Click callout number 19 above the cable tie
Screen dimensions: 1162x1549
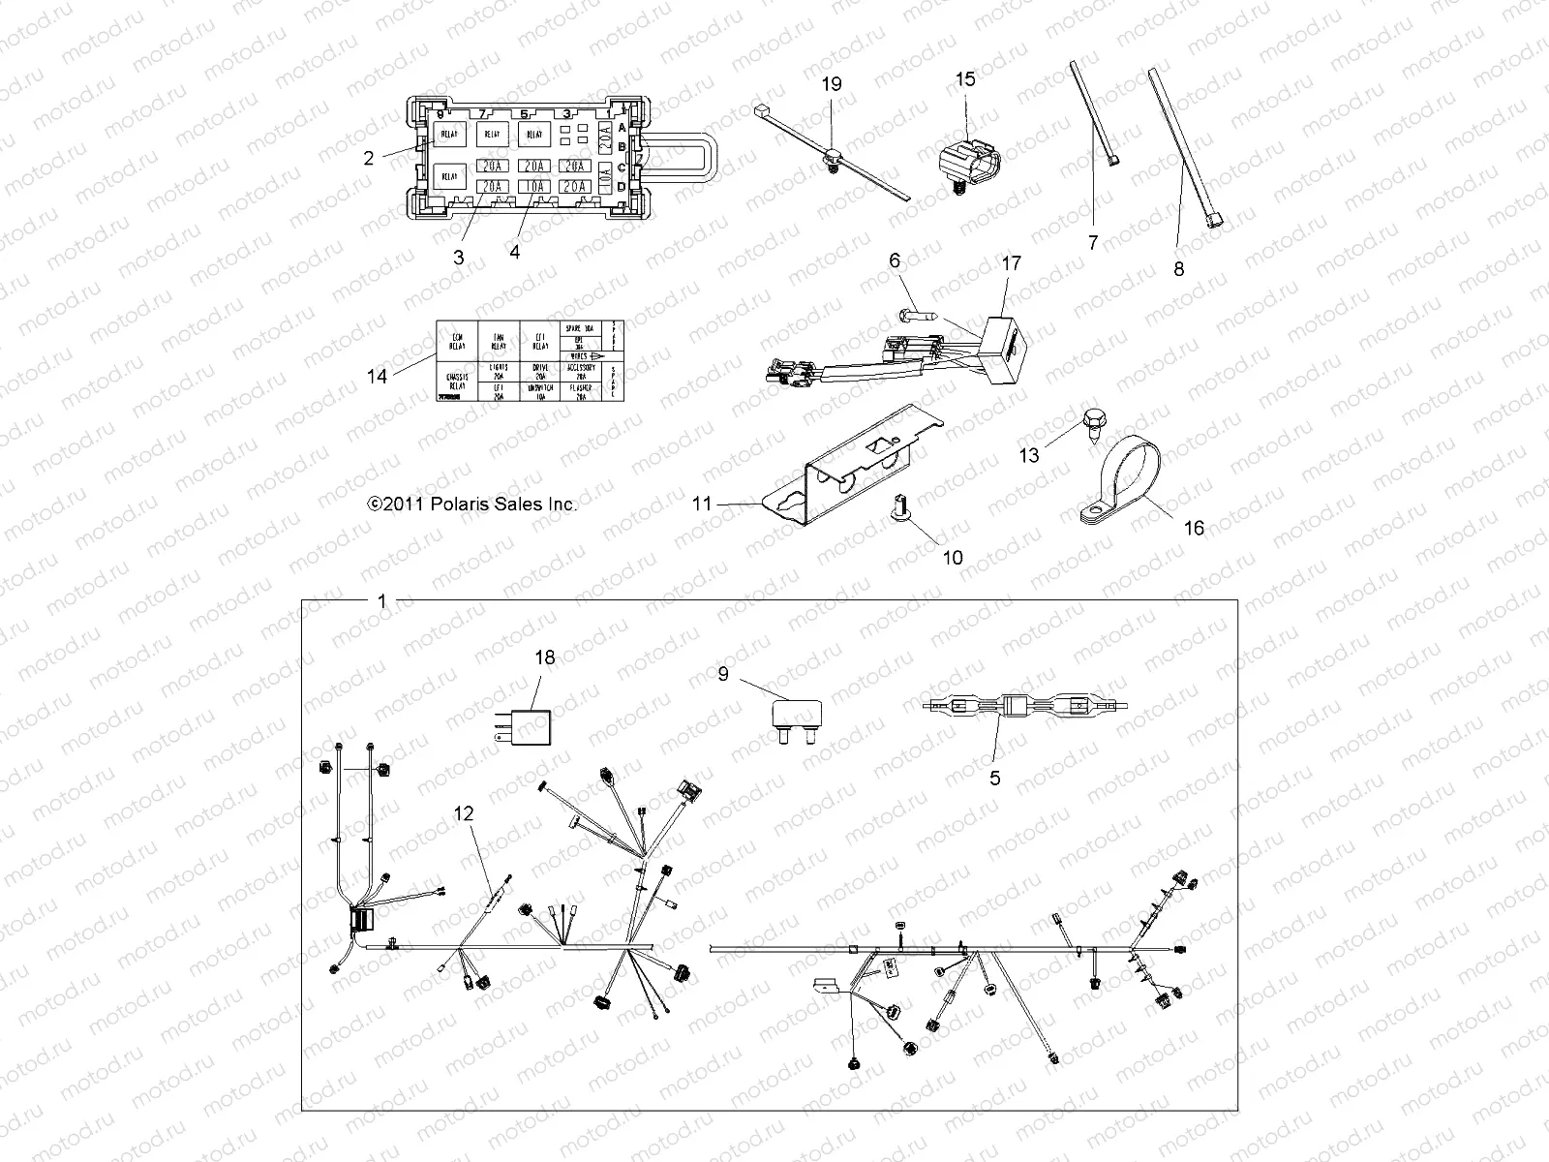tap(832, 84)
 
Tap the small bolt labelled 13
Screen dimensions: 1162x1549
tap(1090, 424)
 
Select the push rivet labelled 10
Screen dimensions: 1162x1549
tap(899, 505)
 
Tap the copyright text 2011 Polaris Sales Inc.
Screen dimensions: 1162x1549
tap(471, 505)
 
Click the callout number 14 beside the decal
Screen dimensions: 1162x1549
tap(377, 375)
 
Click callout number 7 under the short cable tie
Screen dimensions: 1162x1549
tap(1093, 243)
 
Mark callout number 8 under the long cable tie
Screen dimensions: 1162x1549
tap(1178, 269)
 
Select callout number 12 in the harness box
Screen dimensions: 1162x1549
tap(465, 814)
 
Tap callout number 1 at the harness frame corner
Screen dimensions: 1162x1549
tap(381, 601)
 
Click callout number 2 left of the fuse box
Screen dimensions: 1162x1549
tap(369, 157)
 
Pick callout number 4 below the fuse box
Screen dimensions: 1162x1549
tap(514, 252)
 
